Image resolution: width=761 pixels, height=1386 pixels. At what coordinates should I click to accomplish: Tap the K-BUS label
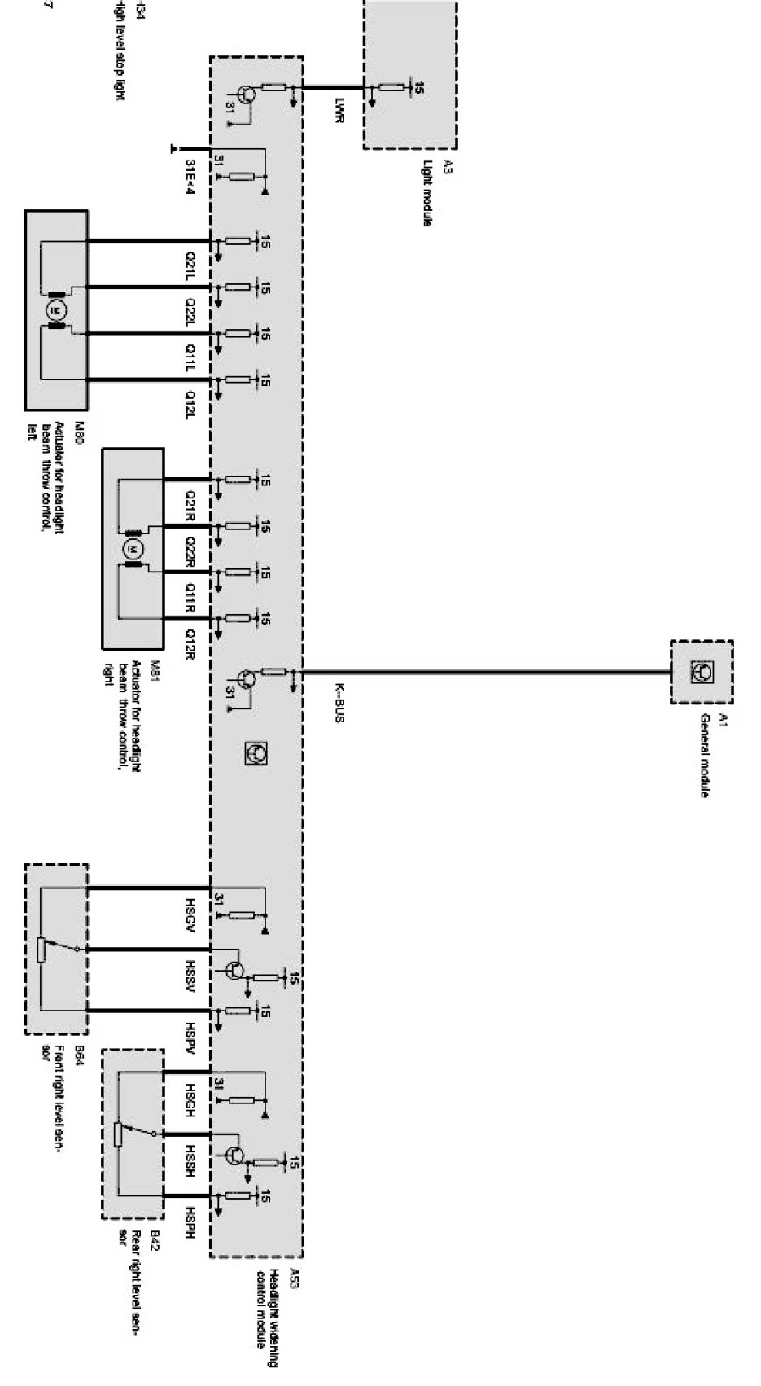pyautogui.click(x=339, y=703)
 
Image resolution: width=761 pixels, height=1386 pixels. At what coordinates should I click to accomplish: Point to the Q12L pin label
pyautogui.click(x=190, y=403)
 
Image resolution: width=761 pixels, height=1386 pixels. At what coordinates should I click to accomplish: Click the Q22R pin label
pyautogui.click(x=190, y=550)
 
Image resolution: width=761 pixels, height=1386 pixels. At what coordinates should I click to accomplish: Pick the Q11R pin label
pyautogui.click(x=190, y=597)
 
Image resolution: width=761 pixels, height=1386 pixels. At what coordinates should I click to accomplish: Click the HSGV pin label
pyautogui.click(x=190, y=917)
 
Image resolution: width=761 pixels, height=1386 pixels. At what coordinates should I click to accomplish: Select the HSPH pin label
pyautogui.click(x=190, y=1222)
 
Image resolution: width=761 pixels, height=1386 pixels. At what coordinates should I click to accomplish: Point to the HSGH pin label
pyautogui.click(x=190, y=1099)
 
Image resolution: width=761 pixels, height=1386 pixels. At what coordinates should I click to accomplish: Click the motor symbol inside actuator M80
pyautogui.click(x=56, y=309)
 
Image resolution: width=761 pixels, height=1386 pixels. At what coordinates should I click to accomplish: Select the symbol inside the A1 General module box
pyautogui.click(x=701, y=671)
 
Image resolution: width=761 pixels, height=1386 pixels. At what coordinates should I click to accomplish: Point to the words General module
pyautogui.click(x=704, y=755)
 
